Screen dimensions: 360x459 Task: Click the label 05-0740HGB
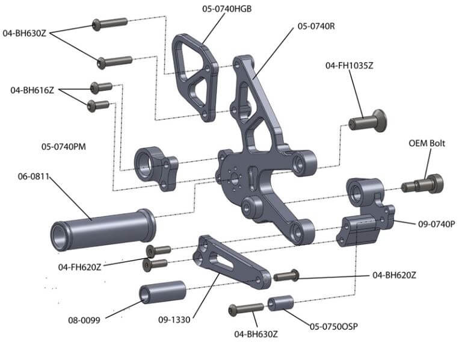(226, 8)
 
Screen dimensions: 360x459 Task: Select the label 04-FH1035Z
(350, 65)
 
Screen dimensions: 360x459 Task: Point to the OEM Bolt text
(427, 143)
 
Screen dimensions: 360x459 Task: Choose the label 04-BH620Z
(394, 275)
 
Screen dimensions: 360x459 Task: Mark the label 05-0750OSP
(334, 326)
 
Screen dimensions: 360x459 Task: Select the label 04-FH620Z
(80, 266)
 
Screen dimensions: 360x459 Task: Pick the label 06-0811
(34, 176)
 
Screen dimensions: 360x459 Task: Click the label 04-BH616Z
(32, 90)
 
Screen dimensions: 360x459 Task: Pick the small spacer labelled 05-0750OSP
(280, 302)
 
